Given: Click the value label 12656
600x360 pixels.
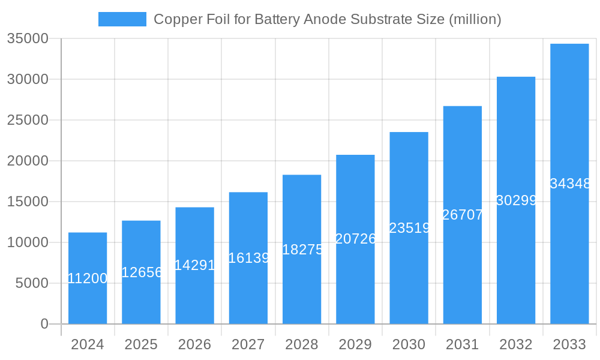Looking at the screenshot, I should [141, 272].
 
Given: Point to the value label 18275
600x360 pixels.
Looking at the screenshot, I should [302, 250].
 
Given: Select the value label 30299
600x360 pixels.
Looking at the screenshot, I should [516, 200].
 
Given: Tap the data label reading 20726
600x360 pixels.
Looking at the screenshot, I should [355, 239].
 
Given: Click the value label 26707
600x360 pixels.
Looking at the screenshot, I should [463, 215].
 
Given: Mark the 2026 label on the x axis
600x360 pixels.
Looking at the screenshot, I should [195, 344].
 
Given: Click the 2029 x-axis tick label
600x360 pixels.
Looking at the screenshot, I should [355, 344].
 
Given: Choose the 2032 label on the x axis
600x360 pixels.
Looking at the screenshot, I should [516, 344].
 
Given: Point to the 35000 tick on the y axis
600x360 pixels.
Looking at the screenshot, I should [28, 38].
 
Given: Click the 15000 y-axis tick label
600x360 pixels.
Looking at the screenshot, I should [28, 202].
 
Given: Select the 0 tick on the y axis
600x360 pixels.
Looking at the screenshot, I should [44, 324].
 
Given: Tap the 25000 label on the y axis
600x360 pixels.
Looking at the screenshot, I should [28, 120].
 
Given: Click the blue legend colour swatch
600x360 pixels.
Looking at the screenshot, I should [122, 19].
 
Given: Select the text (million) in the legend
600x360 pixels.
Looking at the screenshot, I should [475, 19].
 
